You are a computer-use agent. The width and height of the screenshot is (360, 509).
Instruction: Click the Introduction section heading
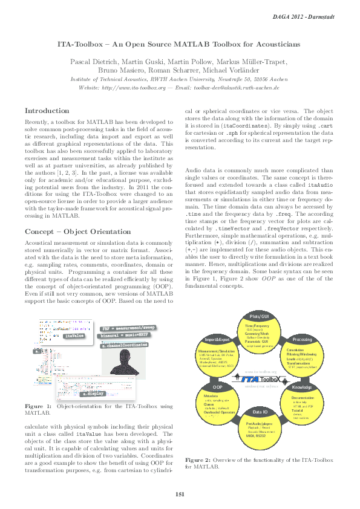[47, 111]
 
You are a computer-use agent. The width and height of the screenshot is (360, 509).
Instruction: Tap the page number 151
[180, 495]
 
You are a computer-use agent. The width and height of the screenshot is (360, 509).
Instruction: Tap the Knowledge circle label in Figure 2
[302, 387]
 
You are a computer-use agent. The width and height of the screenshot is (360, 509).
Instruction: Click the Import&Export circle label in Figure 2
[216, 340]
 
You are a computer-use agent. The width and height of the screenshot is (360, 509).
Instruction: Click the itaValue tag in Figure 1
[74, 335]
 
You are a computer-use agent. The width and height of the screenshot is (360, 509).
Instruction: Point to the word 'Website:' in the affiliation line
[90, 87]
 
